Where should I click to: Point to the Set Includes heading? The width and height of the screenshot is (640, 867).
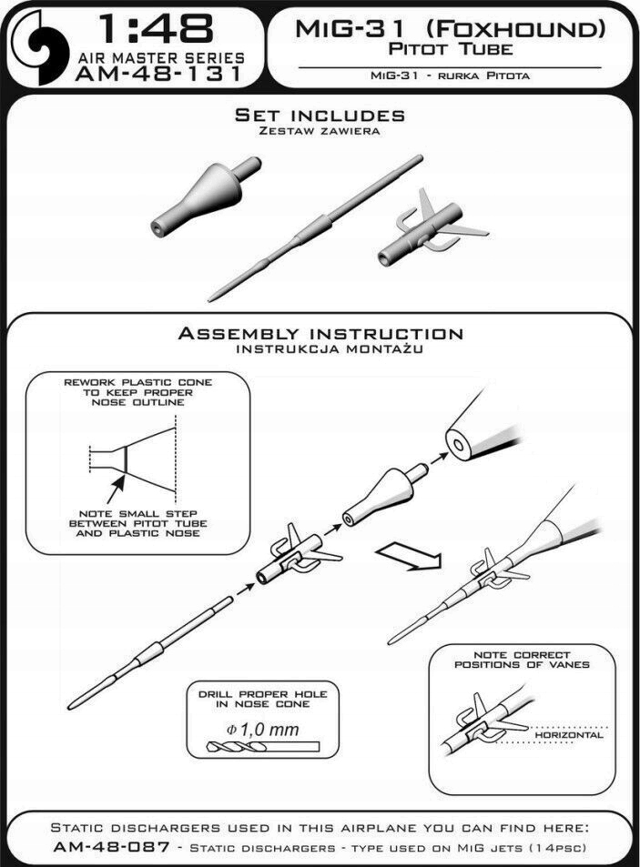[319, 116]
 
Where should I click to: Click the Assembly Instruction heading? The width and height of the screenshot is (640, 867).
[320, 334]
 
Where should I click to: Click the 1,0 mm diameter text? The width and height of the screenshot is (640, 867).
[262, 729]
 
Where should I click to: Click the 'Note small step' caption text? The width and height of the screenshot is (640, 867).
[138, 523]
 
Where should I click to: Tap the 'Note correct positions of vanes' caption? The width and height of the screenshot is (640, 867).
[522, 660]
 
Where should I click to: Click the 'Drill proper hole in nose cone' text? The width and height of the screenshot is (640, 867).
[262, 700]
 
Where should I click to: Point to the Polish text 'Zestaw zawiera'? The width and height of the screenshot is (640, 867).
[319, 131]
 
